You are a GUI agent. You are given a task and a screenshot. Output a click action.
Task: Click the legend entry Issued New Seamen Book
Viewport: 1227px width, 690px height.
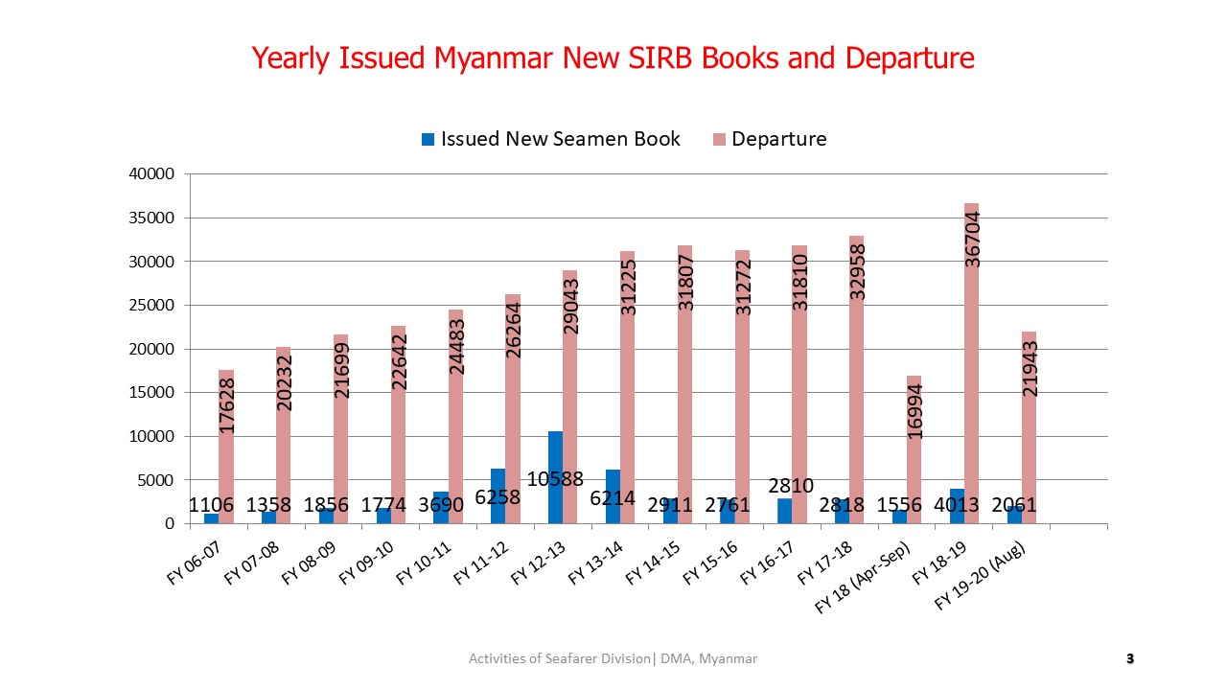551,139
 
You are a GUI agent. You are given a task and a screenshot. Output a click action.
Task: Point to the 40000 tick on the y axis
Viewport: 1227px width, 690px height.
152,174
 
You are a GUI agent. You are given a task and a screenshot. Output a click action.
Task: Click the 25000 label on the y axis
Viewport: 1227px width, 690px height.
152,306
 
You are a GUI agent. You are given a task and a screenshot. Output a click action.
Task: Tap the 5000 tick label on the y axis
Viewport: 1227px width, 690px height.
156,480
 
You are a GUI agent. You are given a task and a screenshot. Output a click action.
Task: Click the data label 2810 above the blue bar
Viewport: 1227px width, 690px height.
785,485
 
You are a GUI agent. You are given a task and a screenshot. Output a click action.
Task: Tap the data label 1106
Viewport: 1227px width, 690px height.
211,505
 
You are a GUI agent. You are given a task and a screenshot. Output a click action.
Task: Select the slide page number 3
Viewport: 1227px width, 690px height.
1129,658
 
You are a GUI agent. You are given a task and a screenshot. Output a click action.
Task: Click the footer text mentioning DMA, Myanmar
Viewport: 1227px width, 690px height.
613,658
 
